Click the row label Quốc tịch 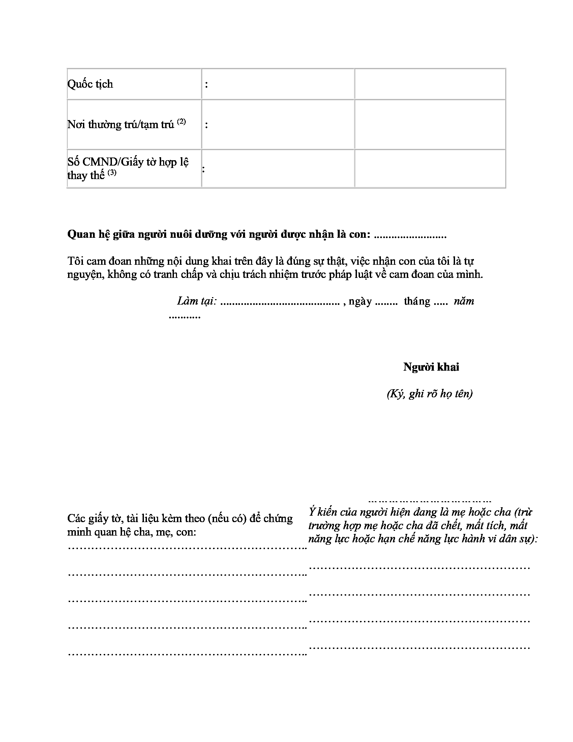(90, 84)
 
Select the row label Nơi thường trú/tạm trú (121, 125)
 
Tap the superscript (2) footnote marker (181, 122)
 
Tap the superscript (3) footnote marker (112, 173)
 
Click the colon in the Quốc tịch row (206, 85)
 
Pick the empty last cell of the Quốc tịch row (430, 84)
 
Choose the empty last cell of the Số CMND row (430, 169)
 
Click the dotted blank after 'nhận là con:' (410, 235)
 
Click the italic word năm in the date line (464, 301)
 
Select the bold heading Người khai (431, 367)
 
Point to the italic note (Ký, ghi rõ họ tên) (430, 393)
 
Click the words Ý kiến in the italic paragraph (323, 512)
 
